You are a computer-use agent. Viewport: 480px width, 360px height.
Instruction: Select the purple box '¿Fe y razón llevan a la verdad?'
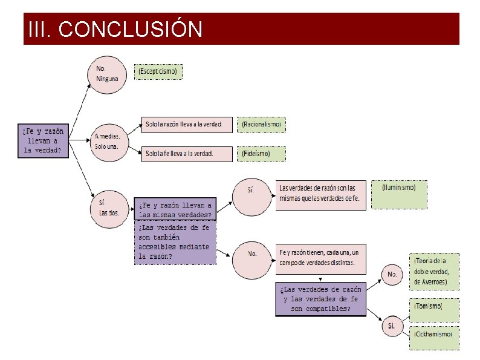click(42, 140)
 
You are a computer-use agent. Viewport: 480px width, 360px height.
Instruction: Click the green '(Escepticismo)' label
click(158, 72)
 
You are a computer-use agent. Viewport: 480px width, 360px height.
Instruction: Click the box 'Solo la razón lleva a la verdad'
click(187, 125)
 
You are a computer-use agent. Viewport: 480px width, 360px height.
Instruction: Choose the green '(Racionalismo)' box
click(261, 125)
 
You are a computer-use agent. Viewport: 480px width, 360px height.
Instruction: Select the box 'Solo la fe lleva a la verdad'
click(187, 154)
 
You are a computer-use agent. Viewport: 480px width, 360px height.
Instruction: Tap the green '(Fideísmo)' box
click(261, 154)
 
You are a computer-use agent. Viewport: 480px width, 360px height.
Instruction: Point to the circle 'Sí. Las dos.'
click(109, 209)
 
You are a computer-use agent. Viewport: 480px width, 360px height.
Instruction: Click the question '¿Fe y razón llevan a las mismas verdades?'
click(175, 209)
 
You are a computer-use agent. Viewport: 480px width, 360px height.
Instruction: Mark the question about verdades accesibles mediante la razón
click(175, 243)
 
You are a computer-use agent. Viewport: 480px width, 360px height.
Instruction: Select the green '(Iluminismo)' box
click(399, 194)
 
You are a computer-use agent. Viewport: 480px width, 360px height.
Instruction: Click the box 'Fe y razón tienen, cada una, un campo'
click(321, 257)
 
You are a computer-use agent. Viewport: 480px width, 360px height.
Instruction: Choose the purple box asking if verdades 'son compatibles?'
click(320, 299)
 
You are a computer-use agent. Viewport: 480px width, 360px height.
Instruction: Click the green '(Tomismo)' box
click(434, 308)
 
